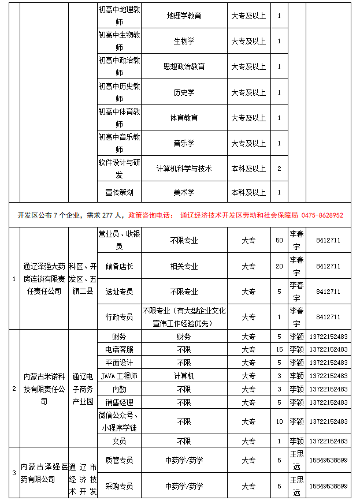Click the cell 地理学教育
(184, 16)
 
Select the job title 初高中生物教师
(119, 41)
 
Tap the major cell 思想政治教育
(184, 66)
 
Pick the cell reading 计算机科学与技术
(184, 169)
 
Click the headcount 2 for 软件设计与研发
(279, 169)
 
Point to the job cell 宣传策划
(119, 192)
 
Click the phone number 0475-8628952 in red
(322, 215)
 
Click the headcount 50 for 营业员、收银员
(279, 240)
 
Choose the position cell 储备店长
(119, 266)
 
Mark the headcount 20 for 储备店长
(279, 266)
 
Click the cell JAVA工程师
(119, 376)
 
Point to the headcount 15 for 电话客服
(279, 349)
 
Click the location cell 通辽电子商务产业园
(82, 389)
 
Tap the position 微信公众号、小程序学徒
(119, 421)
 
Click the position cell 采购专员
(119, 486)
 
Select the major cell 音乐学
(184, 143)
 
